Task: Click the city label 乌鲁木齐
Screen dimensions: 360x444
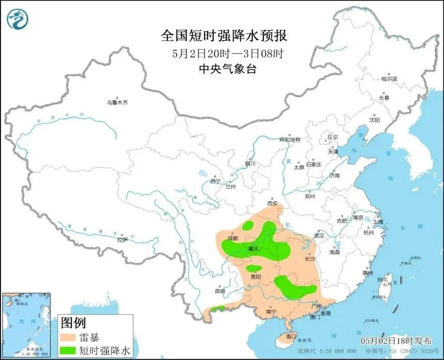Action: point(117,103)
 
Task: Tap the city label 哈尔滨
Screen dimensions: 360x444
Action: point(389,79)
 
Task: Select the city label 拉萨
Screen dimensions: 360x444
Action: point(122,239)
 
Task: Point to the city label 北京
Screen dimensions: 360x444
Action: point(332,137)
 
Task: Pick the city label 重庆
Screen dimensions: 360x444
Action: point(253,249)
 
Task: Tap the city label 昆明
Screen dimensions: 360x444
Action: point(220,291)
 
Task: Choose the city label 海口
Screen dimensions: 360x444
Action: point(292,336)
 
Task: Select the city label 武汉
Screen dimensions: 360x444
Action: point(318,235)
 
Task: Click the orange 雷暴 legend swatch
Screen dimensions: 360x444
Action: point(68,338)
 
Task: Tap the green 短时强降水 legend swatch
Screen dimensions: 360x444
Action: point(68,351)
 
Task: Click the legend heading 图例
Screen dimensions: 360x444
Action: point(72,323)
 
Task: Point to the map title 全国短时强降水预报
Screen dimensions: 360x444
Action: point(224,36)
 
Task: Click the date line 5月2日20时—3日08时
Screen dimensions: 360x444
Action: point(224,53)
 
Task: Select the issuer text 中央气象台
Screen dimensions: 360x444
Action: point(224,69)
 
